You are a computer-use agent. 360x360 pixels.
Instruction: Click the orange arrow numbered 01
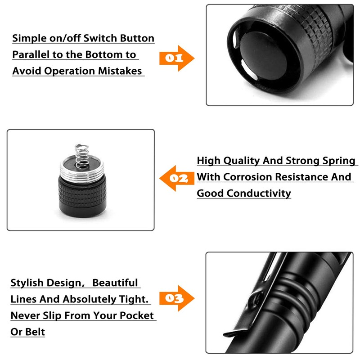(x=176, y=58)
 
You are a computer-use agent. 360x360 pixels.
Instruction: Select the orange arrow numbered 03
(x=176, y=298)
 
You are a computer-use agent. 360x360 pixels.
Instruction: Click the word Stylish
(x=28, y=283)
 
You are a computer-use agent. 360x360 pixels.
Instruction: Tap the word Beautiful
(x=115, y=283)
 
